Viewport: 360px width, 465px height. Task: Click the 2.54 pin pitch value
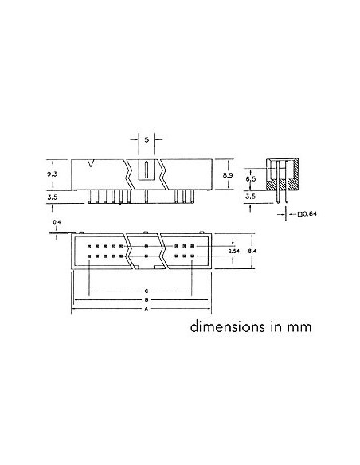pyautogui.click(x=233, y=251)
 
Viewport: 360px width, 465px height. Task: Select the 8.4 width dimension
pyautogui.click(x=252, y=251)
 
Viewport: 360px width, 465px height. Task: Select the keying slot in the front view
pyautogui.click(x=147, y=170)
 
